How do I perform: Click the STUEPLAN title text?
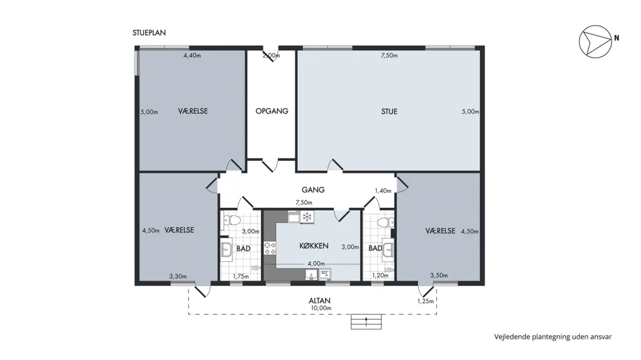(x=149, y=33)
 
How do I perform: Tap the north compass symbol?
(x=595, y=41)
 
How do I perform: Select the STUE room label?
(x=389, y=111)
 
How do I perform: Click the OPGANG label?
(x=272, y=111)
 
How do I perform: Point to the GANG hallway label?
(x=313, y=190)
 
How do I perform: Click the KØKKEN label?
(x=314, y=246)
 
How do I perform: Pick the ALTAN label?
(x=320, y=301)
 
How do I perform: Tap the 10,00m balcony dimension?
(x=321, y=308)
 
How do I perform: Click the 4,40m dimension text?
(x=192, y=56)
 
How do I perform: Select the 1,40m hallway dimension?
(x=383, y=190)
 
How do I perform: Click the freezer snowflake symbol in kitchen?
(x=307, y=217)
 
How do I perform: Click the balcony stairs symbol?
(x=366, y=322)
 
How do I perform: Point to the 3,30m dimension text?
(x=178, y=277)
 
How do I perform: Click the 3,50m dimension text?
(x=439, y=275)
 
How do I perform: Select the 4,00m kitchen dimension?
(x=316, y=264)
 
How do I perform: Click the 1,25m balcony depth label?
(x=426, y=302)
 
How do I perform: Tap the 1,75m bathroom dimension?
(x=241, y=277)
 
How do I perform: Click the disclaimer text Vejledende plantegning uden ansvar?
(x=553, y=337)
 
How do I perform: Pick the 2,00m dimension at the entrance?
(x=271, y=56)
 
